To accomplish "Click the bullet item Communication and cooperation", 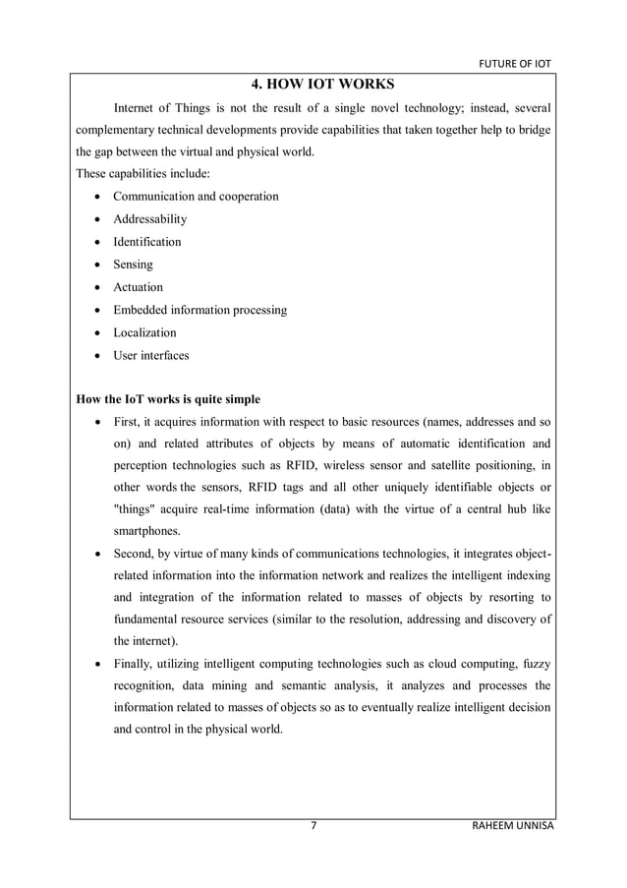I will pyautogui.click(x=196, y=196).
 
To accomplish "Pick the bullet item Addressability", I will pyautogui.click(x=149, y=219).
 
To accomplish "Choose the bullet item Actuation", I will pyautogui.click(x=139, y=287).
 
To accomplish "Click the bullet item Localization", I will pyautogui.click(x=145, y=332).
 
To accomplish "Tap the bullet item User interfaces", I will pyautogui.click(x=151, y=355).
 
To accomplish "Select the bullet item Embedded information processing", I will pyautogui.click(x=200, y=310).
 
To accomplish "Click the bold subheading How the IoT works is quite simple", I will pyautogui.click(x=162, y=400).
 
